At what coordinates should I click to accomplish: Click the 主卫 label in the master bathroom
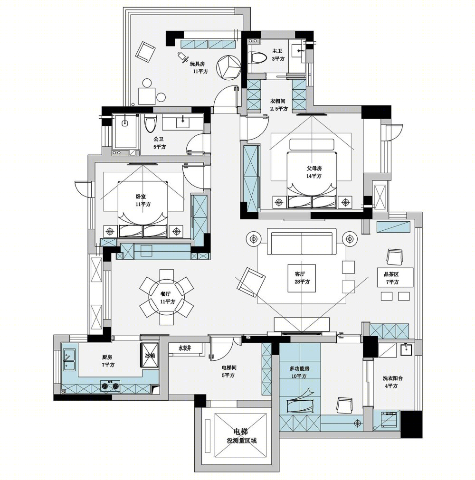point(277,51)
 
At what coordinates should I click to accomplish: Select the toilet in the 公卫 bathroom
point(150,123)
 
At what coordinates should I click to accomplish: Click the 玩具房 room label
point(197,64)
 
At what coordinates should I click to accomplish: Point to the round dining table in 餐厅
point(167,297)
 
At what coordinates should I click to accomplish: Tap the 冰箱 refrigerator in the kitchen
point(150,355)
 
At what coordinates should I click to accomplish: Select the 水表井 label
point(185,348)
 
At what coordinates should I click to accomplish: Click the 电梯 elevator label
point(240,432)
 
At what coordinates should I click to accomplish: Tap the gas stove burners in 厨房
point(110,386)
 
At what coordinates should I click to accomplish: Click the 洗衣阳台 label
point(393,378)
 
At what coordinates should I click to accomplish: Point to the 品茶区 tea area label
point(392,274)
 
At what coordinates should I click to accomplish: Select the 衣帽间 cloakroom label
point(278,101)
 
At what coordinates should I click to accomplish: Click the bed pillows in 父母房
point(312,202)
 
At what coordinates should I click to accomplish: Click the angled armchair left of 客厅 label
point(251,282)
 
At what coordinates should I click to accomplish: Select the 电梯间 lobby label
point(229,367)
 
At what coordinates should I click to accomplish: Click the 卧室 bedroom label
point(141,197)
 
